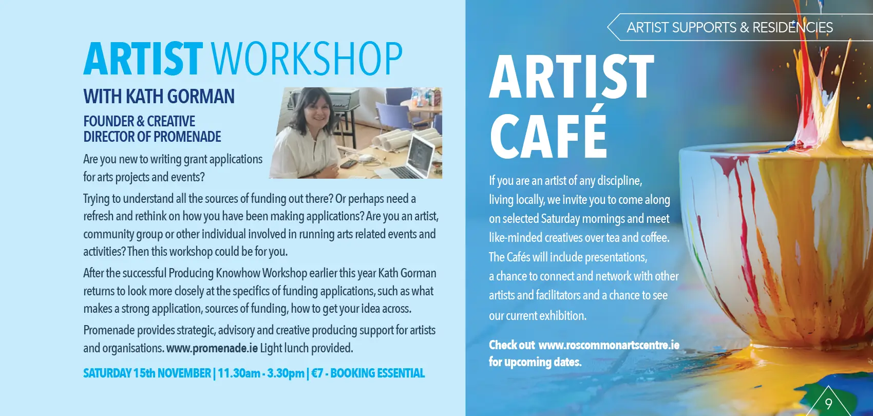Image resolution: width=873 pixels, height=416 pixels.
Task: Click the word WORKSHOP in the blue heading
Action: [307, 59]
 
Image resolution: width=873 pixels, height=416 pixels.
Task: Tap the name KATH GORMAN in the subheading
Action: [180, 97]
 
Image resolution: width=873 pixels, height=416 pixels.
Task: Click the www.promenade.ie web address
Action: [212, 348]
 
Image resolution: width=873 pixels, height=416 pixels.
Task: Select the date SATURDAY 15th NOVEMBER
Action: [147, 373]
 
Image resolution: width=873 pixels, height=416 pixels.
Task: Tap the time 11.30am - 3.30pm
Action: [261, 373]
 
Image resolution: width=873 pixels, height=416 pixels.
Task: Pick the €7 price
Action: [317, 373]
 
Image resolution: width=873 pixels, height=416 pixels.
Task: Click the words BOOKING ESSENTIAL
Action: [377, 373]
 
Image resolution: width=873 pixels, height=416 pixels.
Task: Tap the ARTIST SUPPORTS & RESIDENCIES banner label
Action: [730, 28]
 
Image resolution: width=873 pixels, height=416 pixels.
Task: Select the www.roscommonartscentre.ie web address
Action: [609, 345]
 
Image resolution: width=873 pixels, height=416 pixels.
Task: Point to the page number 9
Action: [828, 404]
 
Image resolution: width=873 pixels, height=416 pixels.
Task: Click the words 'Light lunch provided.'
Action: [307, 348]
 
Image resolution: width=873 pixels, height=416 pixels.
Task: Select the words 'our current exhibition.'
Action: [538, 315]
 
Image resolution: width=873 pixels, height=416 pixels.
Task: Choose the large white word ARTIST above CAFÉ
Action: [572, 77]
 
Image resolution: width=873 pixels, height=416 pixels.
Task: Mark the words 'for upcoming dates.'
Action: [535, 362]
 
